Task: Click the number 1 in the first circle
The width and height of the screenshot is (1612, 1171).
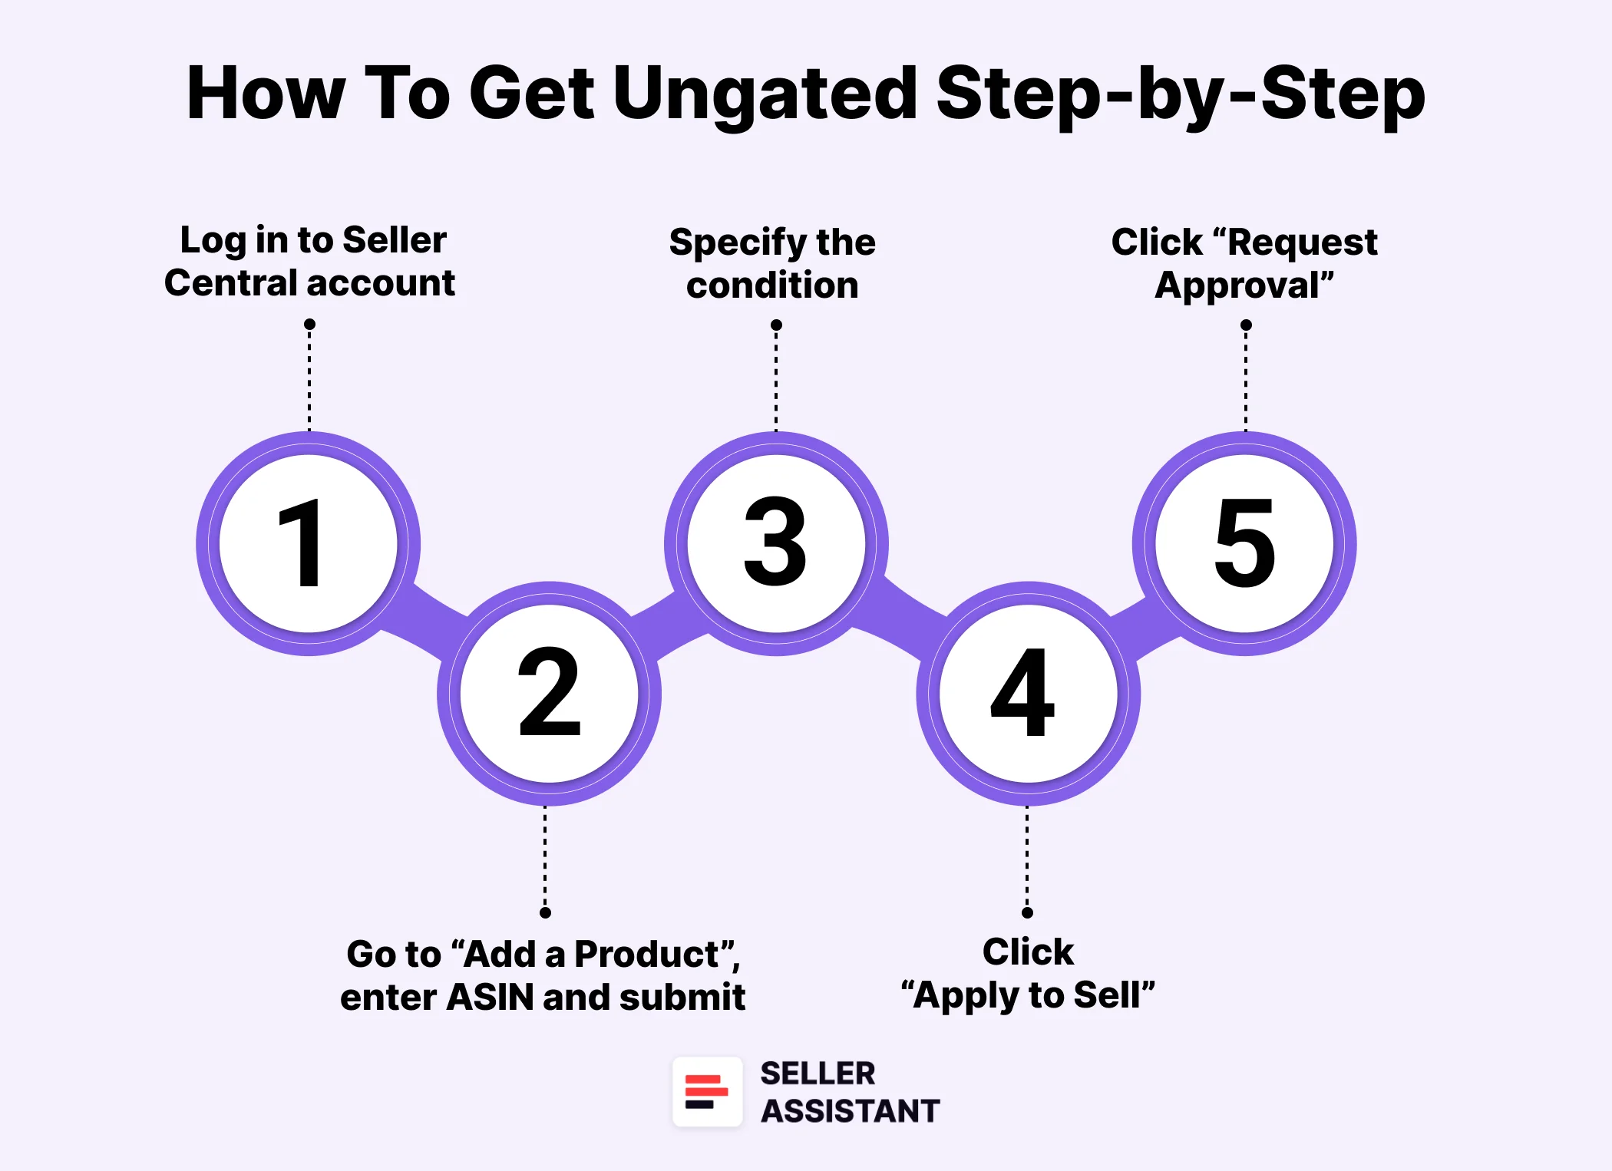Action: (303, 543)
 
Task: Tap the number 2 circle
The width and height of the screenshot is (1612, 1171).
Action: (549, 693)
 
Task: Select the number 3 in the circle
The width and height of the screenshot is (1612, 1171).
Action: (775, 542)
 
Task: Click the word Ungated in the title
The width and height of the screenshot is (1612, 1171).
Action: (764, 94)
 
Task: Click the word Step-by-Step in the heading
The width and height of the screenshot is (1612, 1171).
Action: (1180, 94)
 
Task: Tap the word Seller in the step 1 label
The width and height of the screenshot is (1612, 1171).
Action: (394, 240)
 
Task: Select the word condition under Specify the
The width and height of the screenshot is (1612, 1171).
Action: (772, 285)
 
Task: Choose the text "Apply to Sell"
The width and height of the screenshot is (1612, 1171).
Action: (1028, 995)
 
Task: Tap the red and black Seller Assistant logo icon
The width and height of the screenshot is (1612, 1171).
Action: (707, 1091)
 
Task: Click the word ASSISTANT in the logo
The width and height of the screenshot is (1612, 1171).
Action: (850, 1111)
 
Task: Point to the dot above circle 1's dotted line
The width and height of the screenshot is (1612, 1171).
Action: (309, 325)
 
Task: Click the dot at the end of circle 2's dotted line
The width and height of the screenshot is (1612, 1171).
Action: (545, 912)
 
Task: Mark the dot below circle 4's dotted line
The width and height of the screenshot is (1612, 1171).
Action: (1027, 912)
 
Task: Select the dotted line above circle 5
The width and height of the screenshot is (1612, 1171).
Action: (1246, 380)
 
